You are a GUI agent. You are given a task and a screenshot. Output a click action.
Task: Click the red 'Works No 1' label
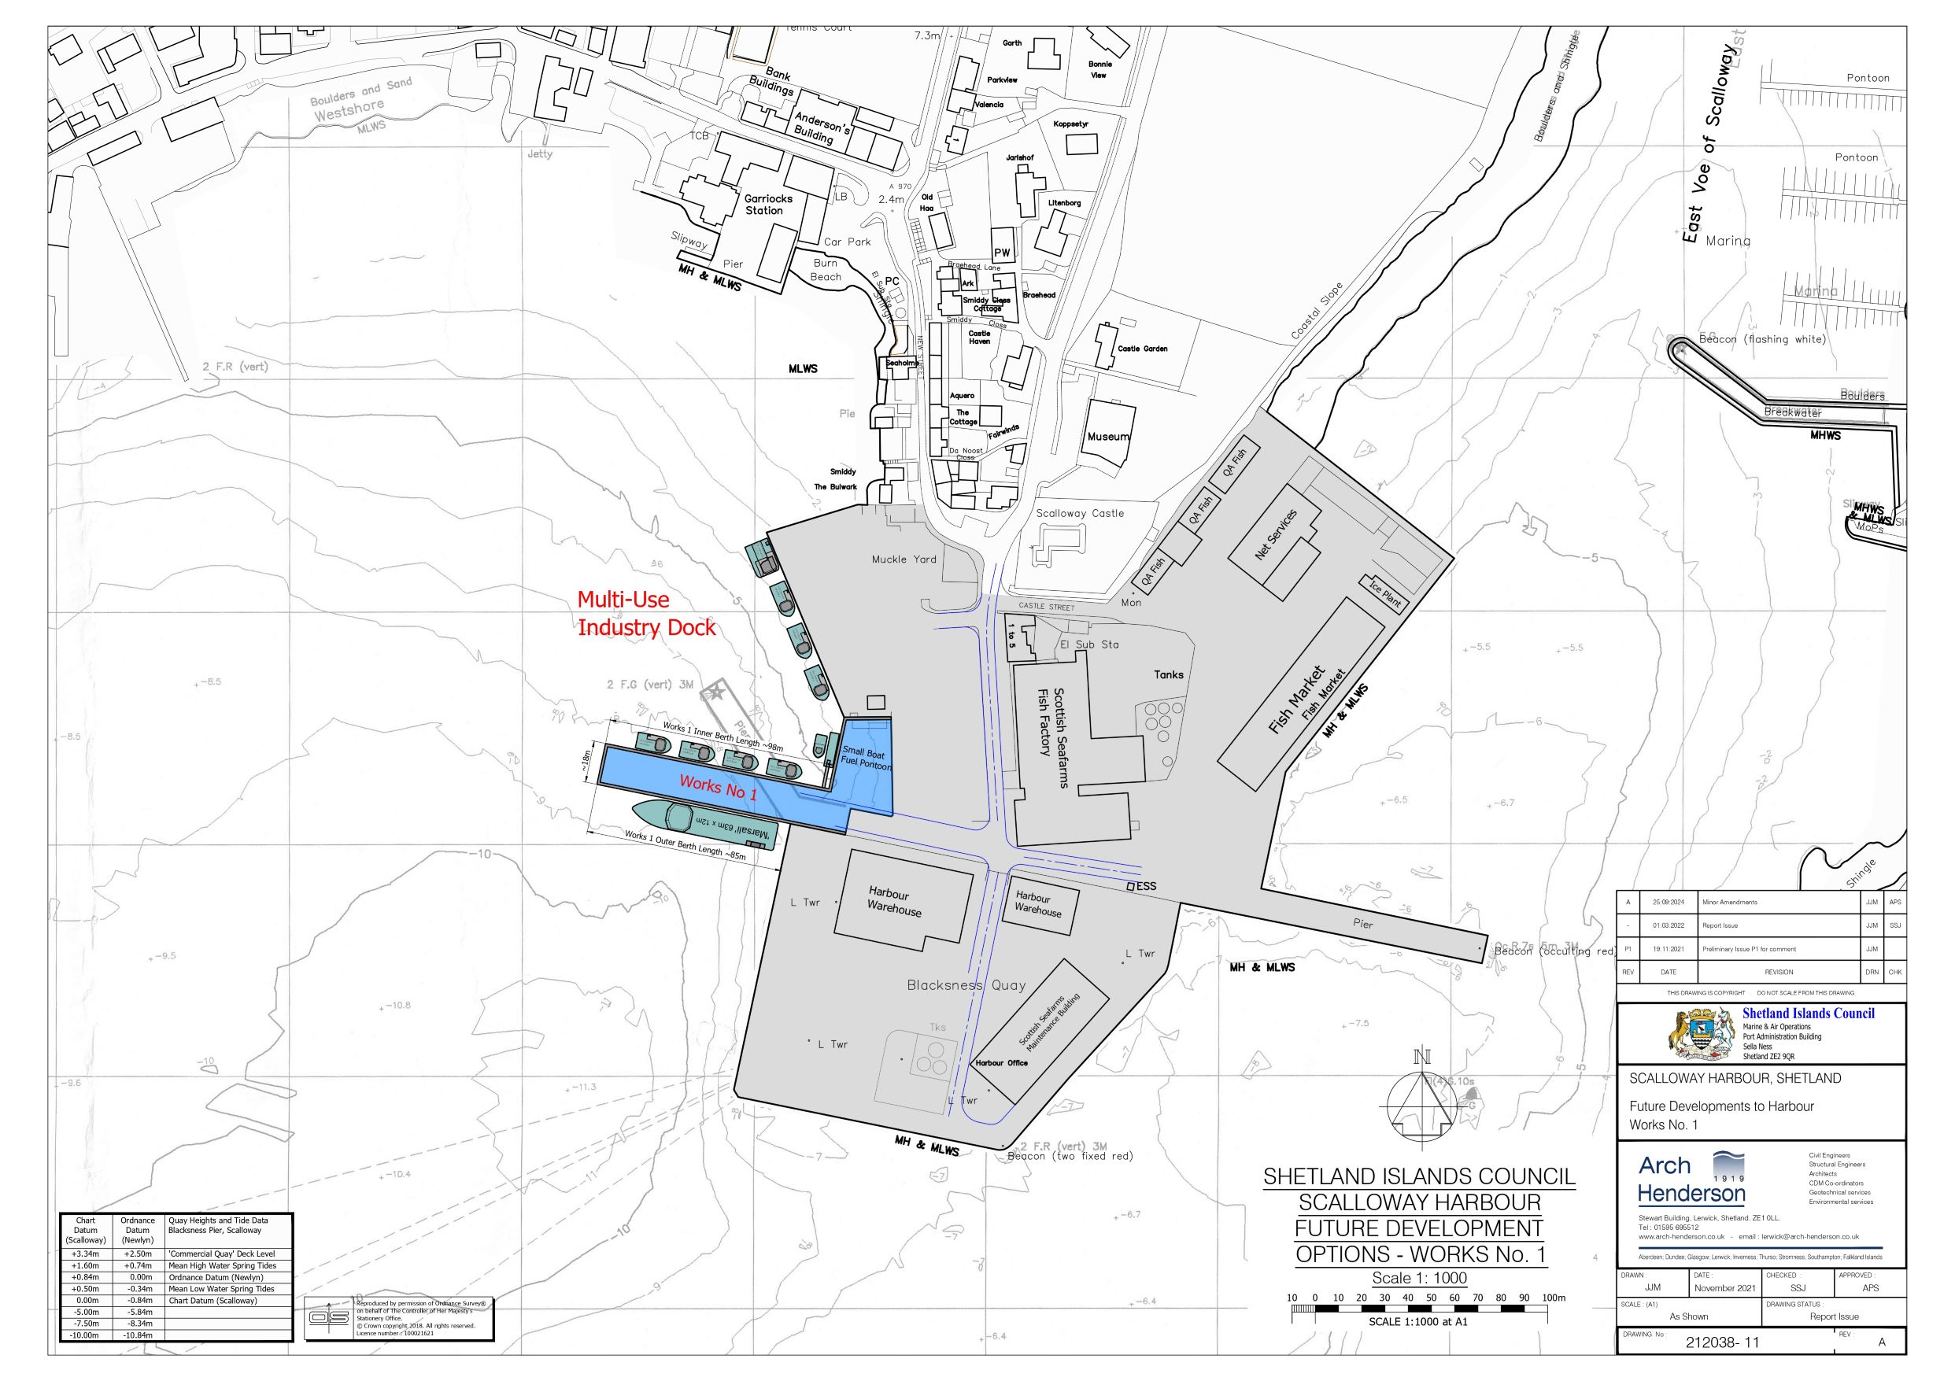click(x=718, y=788)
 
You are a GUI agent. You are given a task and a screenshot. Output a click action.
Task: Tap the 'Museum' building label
click(x=1108, y=437)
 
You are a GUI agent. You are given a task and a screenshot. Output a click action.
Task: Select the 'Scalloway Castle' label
click(x=1080, y=513)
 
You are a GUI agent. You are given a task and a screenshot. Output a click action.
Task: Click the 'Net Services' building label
click(x=1276, y=534)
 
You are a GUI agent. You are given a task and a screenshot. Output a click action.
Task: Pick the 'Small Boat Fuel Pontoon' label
click(x=865, y=759)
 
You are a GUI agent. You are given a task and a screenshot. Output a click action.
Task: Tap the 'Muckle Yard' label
click(x=904, y=559)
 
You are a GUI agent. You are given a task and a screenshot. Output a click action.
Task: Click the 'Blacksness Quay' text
click(x=966, y=985)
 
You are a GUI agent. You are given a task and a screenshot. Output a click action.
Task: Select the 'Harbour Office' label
click(x=1001, y=1062)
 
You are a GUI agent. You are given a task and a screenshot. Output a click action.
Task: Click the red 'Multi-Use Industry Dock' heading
click(x=646, y=614)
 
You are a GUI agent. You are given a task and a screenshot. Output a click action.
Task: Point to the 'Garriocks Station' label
click(x=768, y=205)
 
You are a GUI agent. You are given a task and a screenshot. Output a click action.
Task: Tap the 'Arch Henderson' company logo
click(x=1691, y=1180)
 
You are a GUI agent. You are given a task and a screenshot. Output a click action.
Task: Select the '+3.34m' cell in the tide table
click(x=85, y=1254)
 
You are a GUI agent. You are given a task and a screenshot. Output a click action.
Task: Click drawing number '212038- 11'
click(x=1722, y=1342)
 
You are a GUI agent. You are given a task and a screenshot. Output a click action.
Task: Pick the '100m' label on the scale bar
click(x=1553, y=1298)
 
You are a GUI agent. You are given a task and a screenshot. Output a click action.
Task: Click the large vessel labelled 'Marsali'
click(x=704, y=822)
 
